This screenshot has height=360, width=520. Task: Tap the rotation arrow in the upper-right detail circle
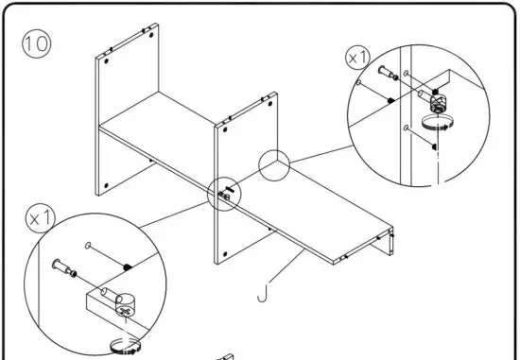click(436, 124)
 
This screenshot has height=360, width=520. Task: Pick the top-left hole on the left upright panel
click(106, 60)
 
